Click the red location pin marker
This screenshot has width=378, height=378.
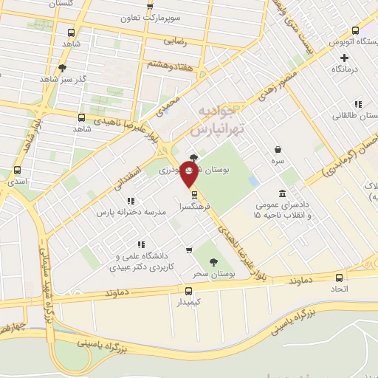click(x=189, y=176)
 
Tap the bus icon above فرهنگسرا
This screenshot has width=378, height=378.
click(x=194, y=195)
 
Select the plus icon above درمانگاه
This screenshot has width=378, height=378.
click(x=344, y=57)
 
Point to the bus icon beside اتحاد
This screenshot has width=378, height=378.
click(x=340, y=278)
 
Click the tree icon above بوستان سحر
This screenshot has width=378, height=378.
click(x=213, y=262)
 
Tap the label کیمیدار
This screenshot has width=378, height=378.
click(x=189, y=302)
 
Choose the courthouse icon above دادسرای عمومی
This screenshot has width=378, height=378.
click(x=283, y=193)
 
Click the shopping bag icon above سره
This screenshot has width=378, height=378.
click(x=278, y=148)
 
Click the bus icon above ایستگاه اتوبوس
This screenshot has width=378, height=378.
click(x=356, y=31)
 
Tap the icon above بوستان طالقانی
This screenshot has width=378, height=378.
click(x=357, y=104)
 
